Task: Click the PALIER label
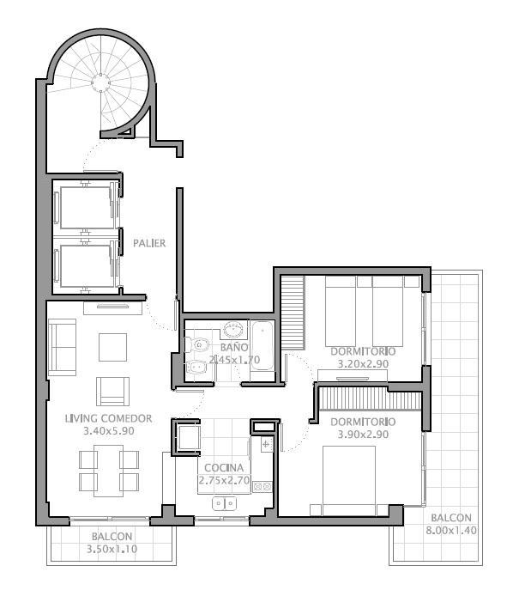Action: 149,243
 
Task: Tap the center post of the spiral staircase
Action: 100,82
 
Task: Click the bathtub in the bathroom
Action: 263,346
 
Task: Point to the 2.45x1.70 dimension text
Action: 234,360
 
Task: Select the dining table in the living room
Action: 109,471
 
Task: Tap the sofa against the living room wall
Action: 62,347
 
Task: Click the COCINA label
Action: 224,468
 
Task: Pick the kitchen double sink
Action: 225,503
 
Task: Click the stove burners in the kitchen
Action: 263,487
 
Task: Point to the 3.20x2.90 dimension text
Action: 363,364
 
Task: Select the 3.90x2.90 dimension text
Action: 363,435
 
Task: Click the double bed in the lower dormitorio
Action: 349,481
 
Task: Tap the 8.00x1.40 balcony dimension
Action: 451,531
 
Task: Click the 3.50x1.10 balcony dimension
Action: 112,549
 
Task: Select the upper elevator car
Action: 87,207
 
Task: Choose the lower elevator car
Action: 87,266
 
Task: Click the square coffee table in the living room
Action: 112,347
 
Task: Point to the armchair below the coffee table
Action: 112,392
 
